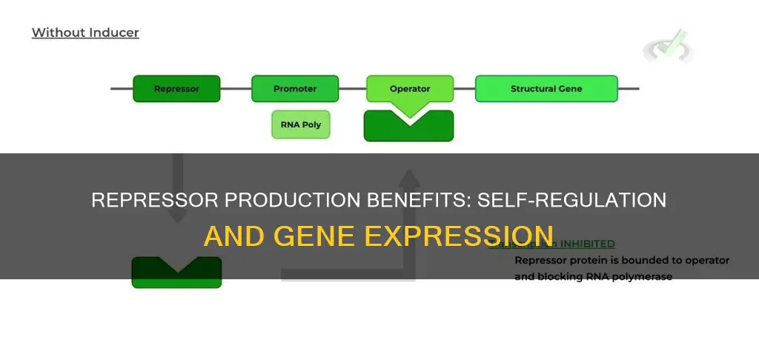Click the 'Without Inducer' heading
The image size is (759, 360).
[x=85, y=33]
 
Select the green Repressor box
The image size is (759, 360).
[x=176, y=89]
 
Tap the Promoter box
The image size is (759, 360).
[x=294, y=89]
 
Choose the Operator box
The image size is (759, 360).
[x=409, y=89]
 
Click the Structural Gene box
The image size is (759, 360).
[x=546, y=89]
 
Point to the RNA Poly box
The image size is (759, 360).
[x=300, y=124]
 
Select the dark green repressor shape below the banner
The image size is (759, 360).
[x=176, y=273]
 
